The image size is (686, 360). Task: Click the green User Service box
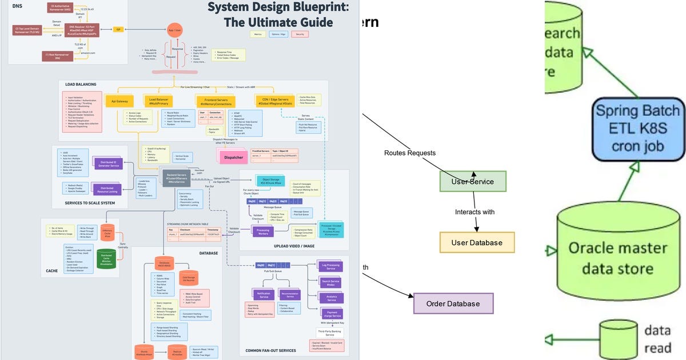[473, 182]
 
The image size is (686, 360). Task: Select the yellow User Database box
[477, 243]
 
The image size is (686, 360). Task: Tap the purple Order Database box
[453, 303]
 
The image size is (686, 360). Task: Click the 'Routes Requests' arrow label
[409, 153]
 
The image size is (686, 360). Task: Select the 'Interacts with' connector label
[474, 212]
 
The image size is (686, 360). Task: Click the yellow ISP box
[118, 29]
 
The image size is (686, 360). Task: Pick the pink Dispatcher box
[234, 155]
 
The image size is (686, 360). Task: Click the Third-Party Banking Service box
[329, 333]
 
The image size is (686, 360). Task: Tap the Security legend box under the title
[298, 34]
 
